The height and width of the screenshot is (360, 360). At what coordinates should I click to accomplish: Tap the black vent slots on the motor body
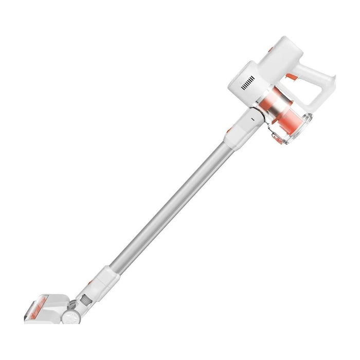tap(249, 84)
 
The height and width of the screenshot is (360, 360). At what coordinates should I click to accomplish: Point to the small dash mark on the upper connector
tap(252, 118)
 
